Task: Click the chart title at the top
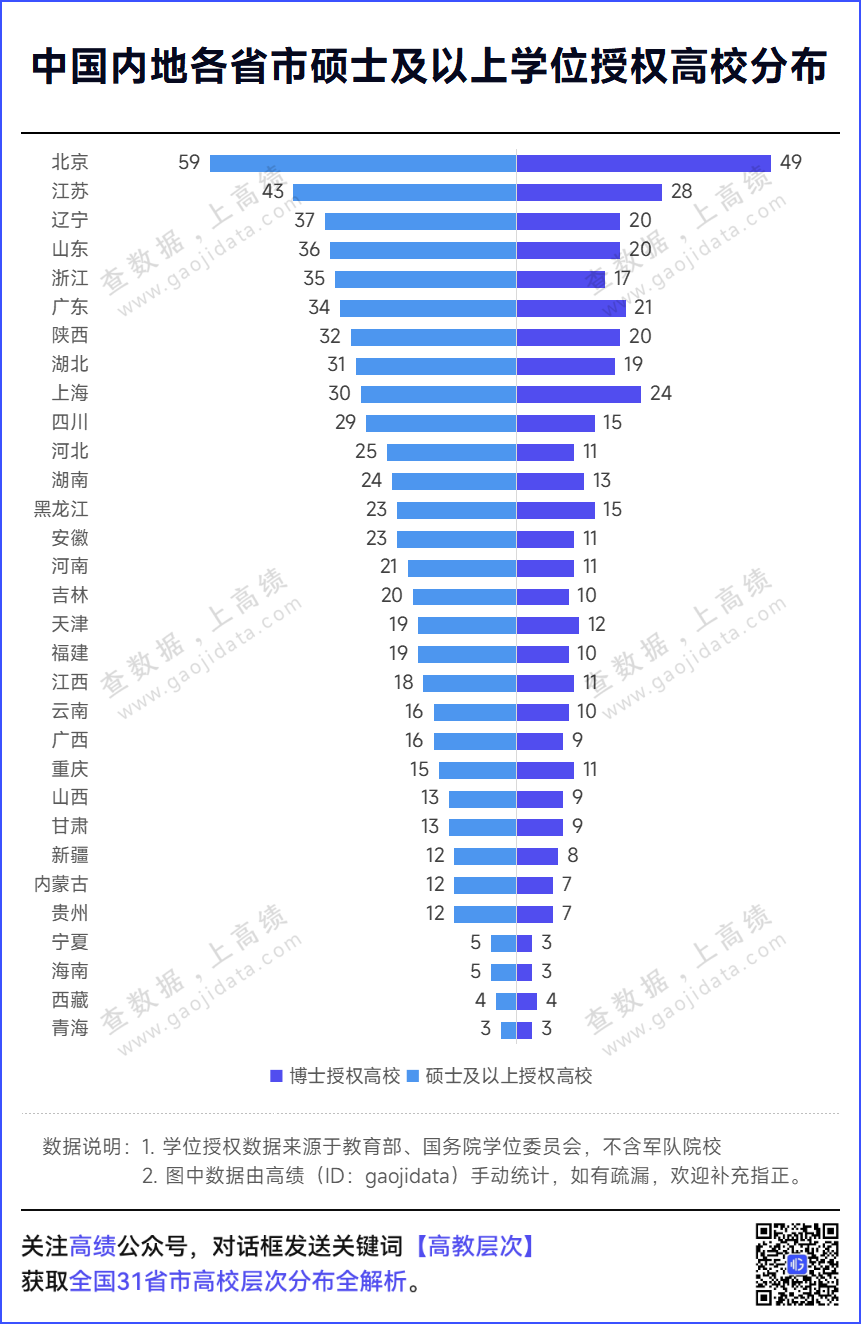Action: pos(430,68)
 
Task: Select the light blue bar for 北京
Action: pos(362,163)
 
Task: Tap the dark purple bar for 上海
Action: pos(578,394)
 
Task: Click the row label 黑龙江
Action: pos(61,509)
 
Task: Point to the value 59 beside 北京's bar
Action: pos(189,162)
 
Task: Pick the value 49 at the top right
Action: pos(791,163)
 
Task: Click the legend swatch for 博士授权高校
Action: pos(276,1076)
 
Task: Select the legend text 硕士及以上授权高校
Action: pos(509,1076)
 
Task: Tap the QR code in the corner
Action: pos(796,1263)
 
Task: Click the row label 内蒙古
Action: pos(61,884)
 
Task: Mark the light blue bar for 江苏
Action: pos(404,192)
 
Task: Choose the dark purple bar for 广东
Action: pos(571,307)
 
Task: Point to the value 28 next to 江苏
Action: pos(681,192)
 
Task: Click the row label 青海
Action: pos(70,1028)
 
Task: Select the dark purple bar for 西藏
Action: pos(526,1000)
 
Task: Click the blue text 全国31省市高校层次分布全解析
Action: pos(238,1281)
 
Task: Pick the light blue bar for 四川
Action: pos(440,423)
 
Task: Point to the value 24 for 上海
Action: pos(660,393)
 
